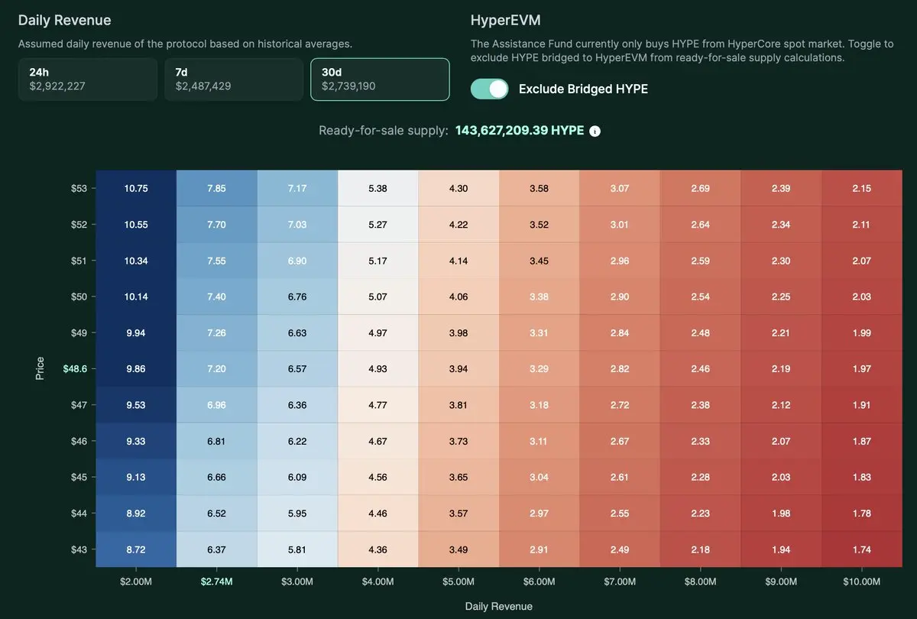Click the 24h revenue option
tap(87, 79)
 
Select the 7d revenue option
tap(233, 79)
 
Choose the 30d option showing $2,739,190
tap(380, 79)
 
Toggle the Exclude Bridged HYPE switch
tap(490, 89)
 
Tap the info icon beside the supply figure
tap(595, 131)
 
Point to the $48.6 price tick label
tap(74, 368)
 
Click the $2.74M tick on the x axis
tap(216, 582)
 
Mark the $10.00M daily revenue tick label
tap(861, 582)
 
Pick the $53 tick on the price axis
tap(79, 188)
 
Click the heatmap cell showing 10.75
tap(136, 188)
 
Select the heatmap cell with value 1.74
tap(861, 549)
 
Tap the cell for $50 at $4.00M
tap(377, 297)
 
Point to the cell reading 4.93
tap(377, 368)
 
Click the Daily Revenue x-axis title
tap(498, 606)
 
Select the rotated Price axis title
tap(40, 368)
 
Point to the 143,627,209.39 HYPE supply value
tap(520, 131)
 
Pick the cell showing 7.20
tap(216, 368)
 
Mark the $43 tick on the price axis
tap(79, 549)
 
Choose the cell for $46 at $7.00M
tap(620, 441)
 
